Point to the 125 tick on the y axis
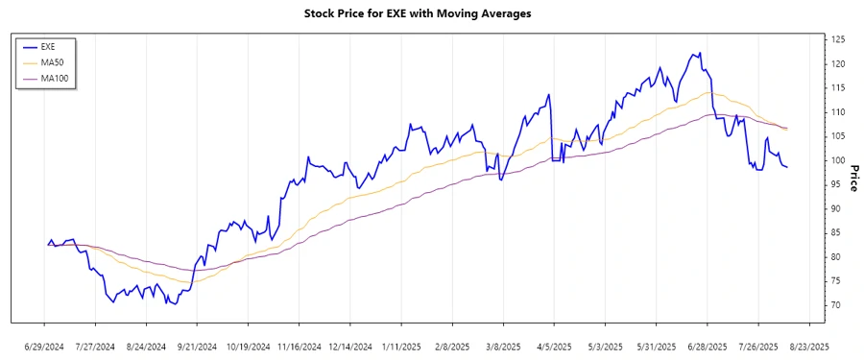click(838, 39)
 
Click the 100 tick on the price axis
click(838, 160)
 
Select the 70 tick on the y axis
click(836, 305)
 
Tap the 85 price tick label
click(836, 232)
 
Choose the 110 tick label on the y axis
click(838, 112)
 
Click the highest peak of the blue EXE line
click(700, 53)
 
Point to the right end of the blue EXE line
click(787, 167)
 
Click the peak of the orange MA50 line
click(708, 92)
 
